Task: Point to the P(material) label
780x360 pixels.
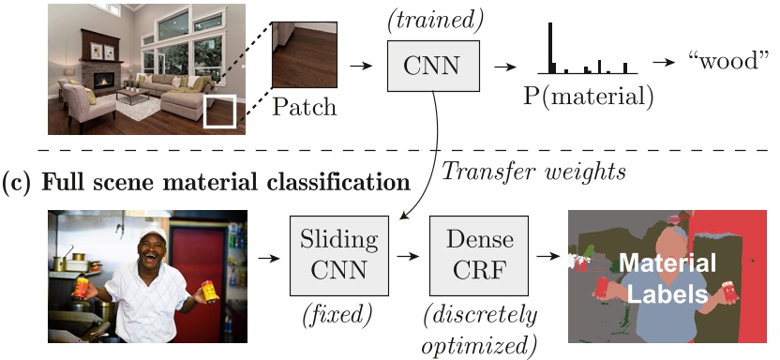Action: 589,96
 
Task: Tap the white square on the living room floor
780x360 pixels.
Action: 219,110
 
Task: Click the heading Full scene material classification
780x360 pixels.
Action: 206,178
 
